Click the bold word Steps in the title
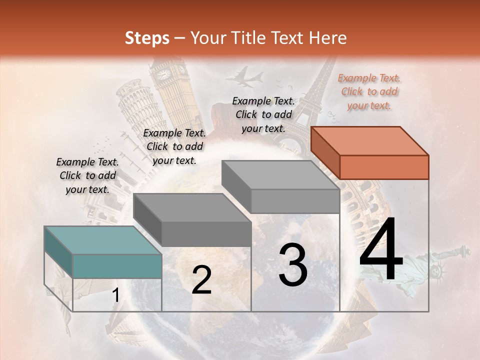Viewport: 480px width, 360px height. point(147,38)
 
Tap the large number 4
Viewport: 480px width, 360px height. point(381,250)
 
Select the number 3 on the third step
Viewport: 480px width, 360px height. point(293,265)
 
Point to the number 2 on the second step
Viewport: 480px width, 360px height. point(201,280)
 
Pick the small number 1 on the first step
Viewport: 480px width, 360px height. point(115,295)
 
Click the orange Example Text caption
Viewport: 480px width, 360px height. point(369,91)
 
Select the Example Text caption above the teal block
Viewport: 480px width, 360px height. point(87,175)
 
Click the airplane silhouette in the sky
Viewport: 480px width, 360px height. point(245,77)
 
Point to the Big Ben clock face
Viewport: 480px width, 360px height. point(163,75)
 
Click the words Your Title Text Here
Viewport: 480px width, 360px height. point(267,38)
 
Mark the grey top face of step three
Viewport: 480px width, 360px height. point(280,174)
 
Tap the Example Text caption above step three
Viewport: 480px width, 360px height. point(263,114)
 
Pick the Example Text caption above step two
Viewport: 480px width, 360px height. point(174,146)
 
